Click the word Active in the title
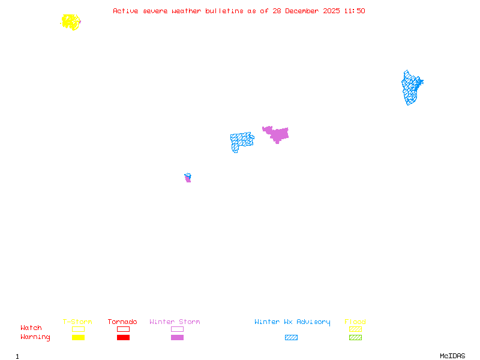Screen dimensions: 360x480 click(x=125, y=11)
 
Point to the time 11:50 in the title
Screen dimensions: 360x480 click(x=354, y=11)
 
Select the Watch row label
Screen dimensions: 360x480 click(x=31, y=328)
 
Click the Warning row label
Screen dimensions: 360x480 click(x=35, y=337)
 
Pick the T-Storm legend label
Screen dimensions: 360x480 click(x=77, y=322)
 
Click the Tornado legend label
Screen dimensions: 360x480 click(x=122, y=322)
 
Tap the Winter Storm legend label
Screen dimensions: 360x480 click(x=175, y=322)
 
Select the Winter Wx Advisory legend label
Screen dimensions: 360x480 click(x=292, y=322)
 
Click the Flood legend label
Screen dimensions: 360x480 click(x=355, y=322)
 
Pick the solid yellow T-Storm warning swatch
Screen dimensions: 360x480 click(x=78, y=337)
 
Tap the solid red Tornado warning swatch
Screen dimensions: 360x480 click(x=123, y=337)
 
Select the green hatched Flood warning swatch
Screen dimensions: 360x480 click(x=355, y=337)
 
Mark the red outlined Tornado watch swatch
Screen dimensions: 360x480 click(x=123, y=329)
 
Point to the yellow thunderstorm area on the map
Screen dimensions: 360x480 click(x=71, y=22)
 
